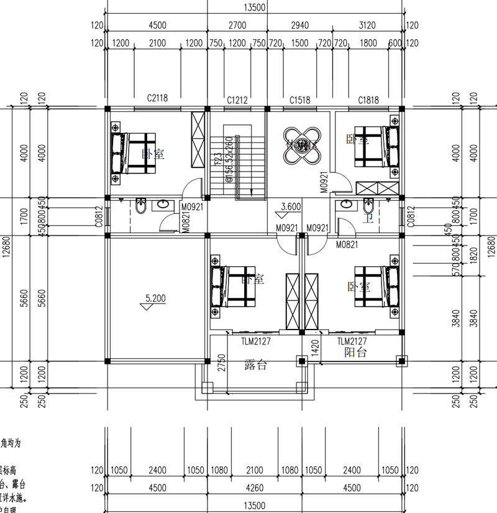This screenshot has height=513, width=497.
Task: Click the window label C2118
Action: pos(157,98)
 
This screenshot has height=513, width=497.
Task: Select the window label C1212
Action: pos(237,99)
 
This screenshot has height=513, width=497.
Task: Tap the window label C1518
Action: pos(300,99)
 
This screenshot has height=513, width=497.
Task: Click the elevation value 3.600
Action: pos(291,206)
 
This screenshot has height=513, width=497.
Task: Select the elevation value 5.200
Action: pos(155,298)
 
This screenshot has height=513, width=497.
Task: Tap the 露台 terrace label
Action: pos(255,365)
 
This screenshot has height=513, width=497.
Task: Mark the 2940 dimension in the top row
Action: pos(299,25)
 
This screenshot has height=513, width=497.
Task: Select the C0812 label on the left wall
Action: pos(99,216)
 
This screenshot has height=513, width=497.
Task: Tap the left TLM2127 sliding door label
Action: pos(255,341)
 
